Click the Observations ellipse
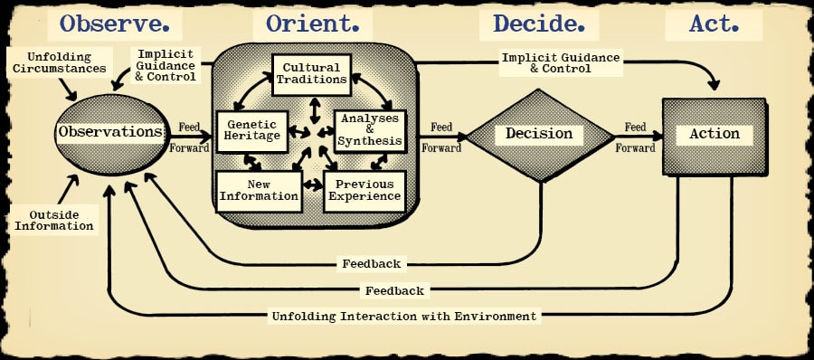[110, 133]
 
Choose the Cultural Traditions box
[310, 73]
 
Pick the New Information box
[259, 190]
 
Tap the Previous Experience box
[364, 190]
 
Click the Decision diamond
[539, 134]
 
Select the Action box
[715, 135]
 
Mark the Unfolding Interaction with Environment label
[404, 317]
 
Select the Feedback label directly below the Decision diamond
[372, 264]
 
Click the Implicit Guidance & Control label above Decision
[561, 62]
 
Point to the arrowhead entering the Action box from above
[715, 86]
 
